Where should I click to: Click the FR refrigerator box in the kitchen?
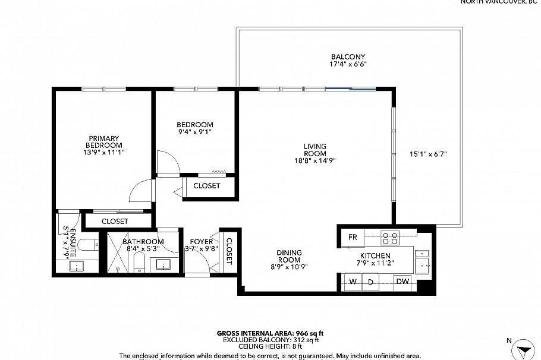[353, 238]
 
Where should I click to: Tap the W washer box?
[353, 282]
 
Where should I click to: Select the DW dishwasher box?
[402, 282]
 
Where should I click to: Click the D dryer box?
[370, 282]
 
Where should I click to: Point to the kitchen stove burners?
[390, 238]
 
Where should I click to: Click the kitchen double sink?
[423, 261]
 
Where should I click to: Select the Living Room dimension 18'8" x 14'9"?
[315, 160]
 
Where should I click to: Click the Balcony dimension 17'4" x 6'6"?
[348, 64]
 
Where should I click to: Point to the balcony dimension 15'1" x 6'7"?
[428, 154]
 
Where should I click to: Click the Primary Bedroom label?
[104, 142]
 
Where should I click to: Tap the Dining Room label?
[288, 256]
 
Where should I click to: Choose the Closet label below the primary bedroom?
[115, 221]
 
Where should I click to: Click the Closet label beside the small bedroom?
[206, 186]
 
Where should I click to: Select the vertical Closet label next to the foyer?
[229, 250]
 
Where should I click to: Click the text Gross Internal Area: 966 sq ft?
[270, 333]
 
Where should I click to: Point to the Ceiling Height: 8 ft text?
[270, 346]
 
